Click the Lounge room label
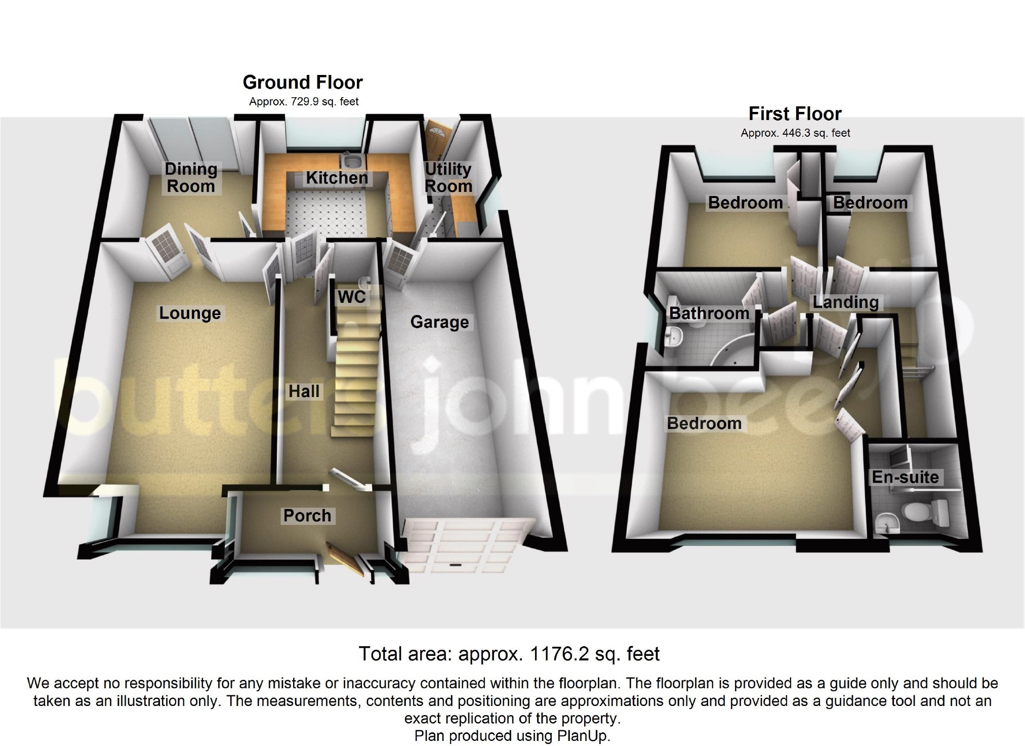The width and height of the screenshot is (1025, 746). (190, 313)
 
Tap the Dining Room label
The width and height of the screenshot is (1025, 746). (191, 177)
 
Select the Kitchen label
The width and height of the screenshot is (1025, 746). (337, 178)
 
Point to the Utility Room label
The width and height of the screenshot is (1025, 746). (448, 177)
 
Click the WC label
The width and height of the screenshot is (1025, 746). (352, 296)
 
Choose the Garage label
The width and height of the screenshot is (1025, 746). (439, 322)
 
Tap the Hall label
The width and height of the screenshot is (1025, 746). (304, 391)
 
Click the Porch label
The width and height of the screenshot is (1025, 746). (307, 516)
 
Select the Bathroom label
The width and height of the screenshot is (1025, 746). (709, 313)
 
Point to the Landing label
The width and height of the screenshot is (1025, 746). (845, 302)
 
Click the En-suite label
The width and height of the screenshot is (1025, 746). (905, 477)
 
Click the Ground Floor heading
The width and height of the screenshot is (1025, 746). (303, 83)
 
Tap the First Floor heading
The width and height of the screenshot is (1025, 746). (795, 114)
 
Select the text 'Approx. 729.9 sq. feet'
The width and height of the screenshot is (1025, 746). (304, 102)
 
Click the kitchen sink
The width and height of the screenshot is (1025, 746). (350, 162)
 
